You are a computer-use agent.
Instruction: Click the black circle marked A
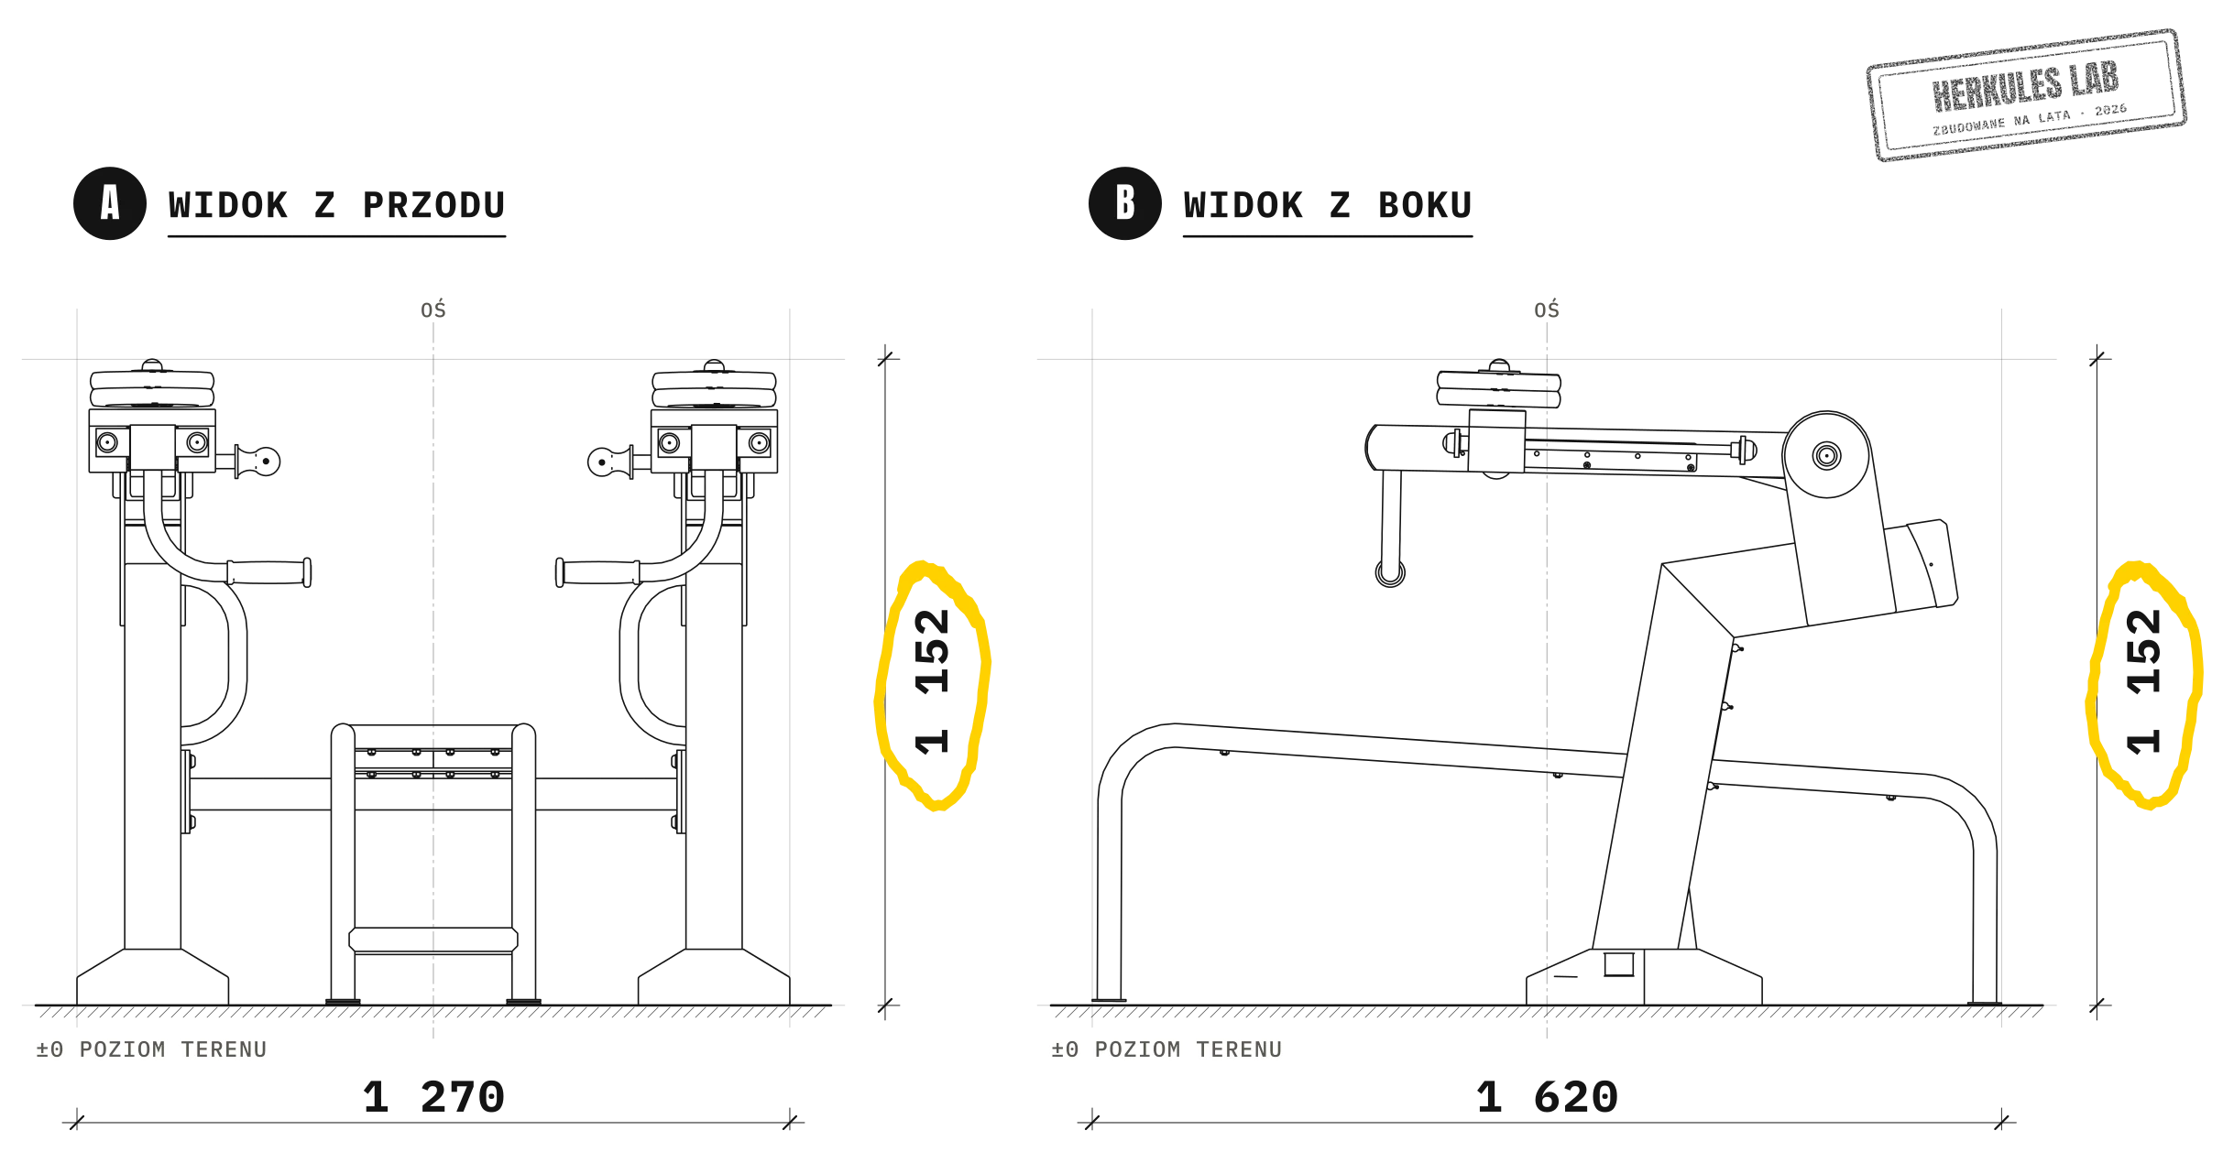point(110,203)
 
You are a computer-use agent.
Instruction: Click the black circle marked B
point(1125,203)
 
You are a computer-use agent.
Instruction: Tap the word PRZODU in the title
point(434,205)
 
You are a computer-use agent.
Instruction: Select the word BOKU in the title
point(1425,205)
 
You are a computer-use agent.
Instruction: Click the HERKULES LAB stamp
point(2026,95)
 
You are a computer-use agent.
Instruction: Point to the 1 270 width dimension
point(433,1097)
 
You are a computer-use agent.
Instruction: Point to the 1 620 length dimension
point(1547,1097)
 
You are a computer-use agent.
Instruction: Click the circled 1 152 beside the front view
point(933,682)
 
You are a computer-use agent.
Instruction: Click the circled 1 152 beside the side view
point(2144,682)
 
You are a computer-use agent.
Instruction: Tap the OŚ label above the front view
point(433,310)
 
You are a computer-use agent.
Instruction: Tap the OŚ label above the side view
point(1547,310)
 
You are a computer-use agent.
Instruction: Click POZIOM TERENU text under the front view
point(173,1049)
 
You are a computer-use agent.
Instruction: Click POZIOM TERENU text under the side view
point(1188,1049)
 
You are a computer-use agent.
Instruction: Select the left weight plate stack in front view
point(152,385)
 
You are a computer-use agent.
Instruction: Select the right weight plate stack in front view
point(714,385)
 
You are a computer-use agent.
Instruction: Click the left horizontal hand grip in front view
point(268,572)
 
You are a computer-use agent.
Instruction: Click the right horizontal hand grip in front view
point(598,572)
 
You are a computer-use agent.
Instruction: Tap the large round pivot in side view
point(1826,455)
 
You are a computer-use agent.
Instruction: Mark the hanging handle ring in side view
point(1390,573)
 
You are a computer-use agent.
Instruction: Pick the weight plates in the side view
point(1499,385)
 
